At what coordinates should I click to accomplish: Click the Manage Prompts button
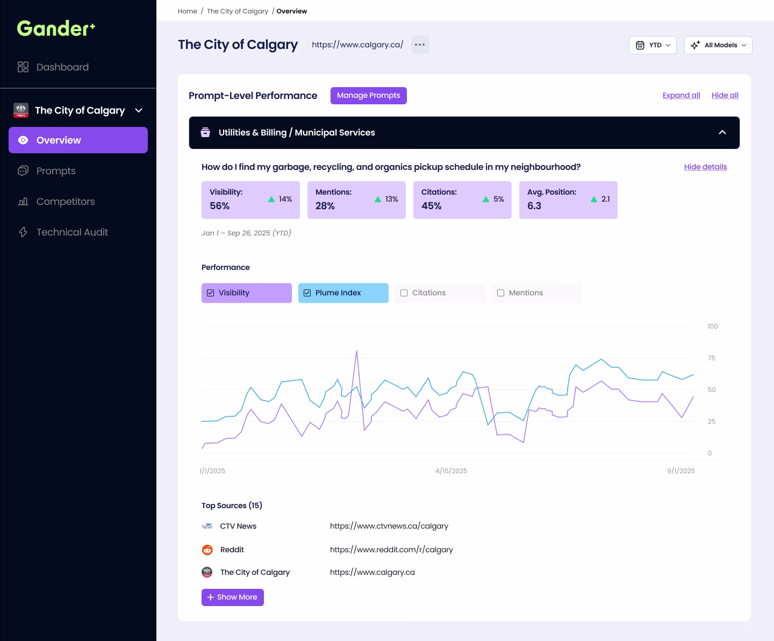pyautogui.click(x=368, y=96)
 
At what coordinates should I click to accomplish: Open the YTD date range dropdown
pyautogui.click(x=653, y=45)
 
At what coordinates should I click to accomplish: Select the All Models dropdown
pyautogui.click(x=718, y=45)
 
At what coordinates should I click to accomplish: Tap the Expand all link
pyautogui.click(x=681, y=95)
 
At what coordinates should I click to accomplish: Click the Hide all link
pyautogui.click(x=725, y=95)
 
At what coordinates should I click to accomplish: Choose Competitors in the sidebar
pyautogui.click(x=65, y=202)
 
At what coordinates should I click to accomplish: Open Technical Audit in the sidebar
pyautogui.click(x=72, y=232)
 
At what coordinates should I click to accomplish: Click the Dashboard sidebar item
pyautogui.click(x=62, y=67)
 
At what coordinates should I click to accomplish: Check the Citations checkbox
pyautogui.click(x=404, y=293)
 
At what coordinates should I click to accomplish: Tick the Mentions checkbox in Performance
pyautogui.click(x=501, y=293)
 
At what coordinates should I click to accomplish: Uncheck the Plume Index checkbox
pyautogui.click(x=307, y=293)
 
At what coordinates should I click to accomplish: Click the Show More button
pyautogui.click(x=233, y=597)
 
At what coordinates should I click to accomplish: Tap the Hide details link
pyautogui.click(x=705, y=167)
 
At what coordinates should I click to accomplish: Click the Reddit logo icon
pyautogui.click(x=207, y=550)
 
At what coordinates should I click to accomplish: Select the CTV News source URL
pyautogui.click(x=389, y=526)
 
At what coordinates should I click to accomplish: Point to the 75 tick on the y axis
pyautogui.click(x=712, y=358)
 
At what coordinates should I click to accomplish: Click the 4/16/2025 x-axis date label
pyautogui.click(x=451, y=471)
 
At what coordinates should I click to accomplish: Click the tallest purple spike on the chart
pyautogui.click(x=356, y=352)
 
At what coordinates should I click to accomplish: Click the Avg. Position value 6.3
pyautogui.click(x=534, y=206)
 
